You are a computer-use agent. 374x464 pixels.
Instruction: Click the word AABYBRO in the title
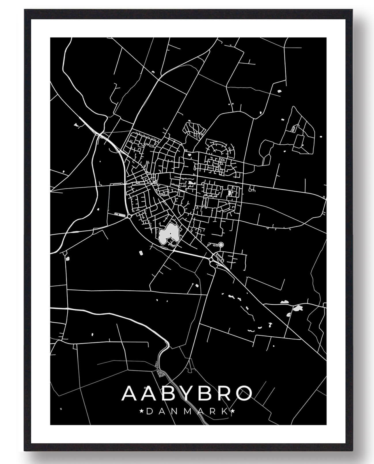click(x=187, y=394)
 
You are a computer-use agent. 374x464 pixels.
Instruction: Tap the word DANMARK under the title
click(x=187, y=411)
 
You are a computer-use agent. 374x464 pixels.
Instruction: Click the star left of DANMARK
click(x=141, y=411)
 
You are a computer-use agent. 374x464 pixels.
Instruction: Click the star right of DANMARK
click(x=233, y=411)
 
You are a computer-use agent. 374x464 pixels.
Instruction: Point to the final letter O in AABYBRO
click(x=244, y=394)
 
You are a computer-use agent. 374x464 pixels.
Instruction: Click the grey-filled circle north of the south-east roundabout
click(x=221, y=245)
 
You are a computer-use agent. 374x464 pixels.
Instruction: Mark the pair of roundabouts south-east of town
click(x=212, y=258)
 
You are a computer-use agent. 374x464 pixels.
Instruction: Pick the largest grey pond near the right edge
click(x=297, y=309)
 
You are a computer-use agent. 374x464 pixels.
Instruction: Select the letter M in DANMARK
click(x=187, y=411)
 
